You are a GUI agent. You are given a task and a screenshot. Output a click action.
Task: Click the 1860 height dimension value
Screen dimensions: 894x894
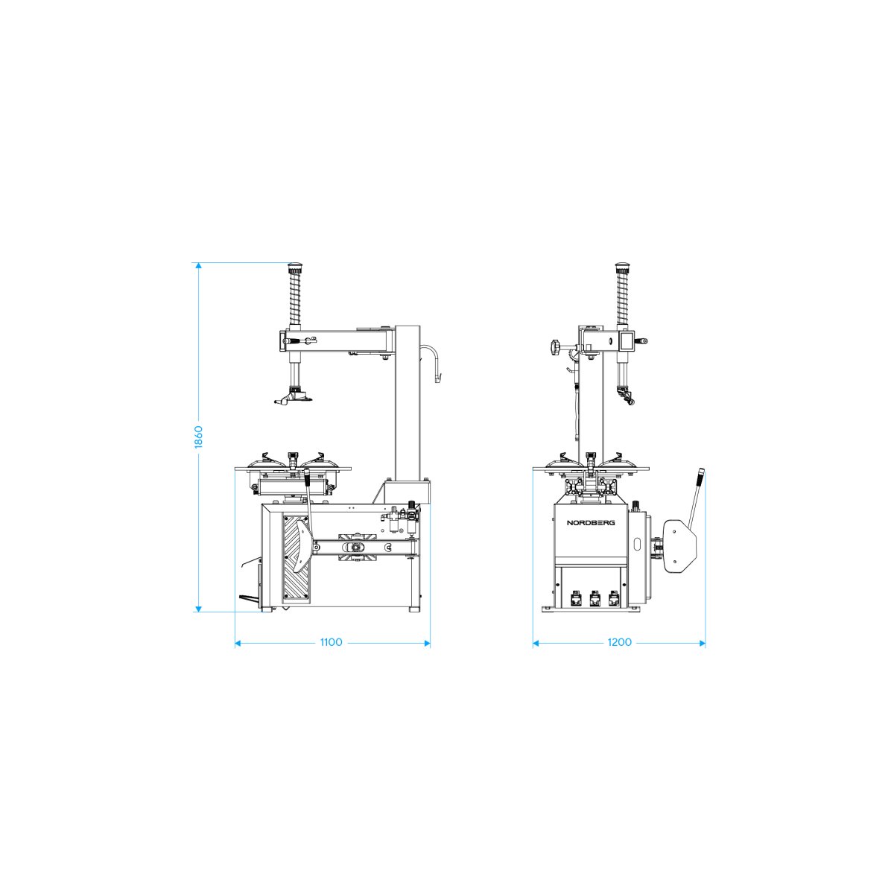(x=199, y=437)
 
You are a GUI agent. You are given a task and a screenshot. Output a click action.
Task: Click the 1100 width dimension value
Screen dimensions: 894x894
(x=332, y=642)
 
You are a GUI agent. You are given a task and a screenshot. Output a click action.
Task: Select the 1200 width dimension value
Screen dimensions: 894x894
(x=619, y=642)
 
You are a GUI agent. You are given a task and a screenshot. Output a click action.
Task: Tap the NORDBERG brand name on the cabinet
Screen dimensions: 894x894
(x=591, y=522)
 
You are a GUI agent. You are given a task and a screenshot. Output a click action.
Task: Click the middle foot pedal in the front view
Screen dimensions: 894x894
(x=595, y=597)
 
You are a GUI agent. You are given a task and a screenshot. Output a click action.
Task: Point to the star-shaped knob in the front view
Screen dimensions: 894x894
(x=554, y=347)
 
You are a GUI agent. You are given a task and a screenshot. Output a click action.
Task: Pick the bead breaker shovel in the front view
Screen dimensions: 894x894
(x=681, y=546)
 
